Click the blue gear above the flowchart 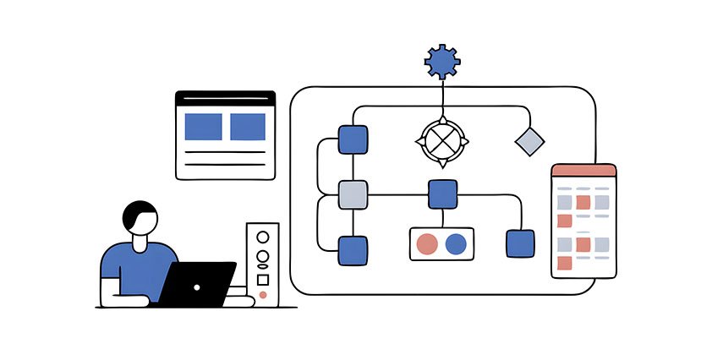pos(442,61)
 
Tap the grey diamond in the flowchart pos(529,141)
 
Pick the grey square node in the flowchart pos(353,194)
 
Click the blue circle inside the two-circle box pos(456,244)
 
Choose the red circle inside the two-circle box pos(428,244)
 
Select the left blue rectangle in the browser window pos(203,127)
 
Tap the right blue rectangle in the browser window pos(248,127)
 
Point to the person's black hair pos(137,213)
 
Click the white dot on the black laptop pos(197,287)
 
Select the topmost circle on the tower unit pos(263,237)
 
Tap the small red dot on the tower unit pos(263,295)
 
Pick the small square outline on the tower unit pos(263,277)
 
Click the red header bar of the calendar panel pos(583,170)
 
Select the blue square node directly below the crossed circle pos(442,194)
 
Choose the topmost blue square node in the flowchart pos(353,139)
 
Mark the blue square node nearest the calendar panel pos(520,244)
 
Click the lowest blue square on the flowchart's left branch pos(353,250)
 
